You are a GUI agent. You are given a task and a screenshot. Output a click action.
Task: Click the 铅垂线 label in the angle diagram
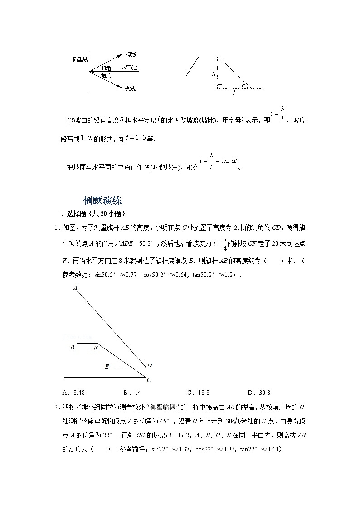tap(80, 58)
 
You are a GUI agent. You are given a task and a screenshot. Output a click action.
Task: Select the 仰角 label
tap(106, 68)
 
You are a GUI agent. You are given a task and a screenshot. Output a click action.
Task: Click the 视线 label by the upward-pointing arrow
tap(131, 54)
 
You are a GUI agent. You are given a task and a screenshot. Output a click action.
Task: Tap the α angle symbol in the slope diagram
tap(243, 85)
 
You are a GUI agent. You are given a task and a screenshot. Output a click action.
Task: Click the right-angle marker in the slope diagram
tap(220, 86)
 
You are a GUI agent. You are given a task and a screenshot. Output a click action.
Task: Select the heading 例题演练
tap(102, 201)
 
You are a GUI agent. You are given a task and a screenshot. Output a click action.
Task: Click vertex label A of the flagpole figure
tap(75, 287)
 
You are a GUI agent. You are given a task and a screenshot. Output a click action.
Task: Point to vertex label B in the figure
tap(72, 348)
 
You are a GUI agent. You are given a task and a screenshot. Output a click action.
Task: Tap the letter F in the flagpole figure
tap(95, 348)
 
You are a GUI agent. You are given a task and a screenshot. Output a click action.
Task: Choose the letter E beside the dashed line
tap(107, 367)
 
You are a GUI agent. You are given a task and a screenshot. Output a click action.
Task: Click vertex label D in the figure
tap(150, 365)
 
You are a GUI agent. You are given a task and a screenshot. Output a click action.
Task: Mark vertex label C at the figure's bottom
tap(149, 380)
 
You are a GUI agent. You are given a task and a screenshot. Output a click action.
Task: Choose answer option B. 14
tap(132, 393)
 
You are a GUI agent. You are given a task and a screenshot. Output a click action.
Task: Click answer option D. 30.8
tap(259, 393)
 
